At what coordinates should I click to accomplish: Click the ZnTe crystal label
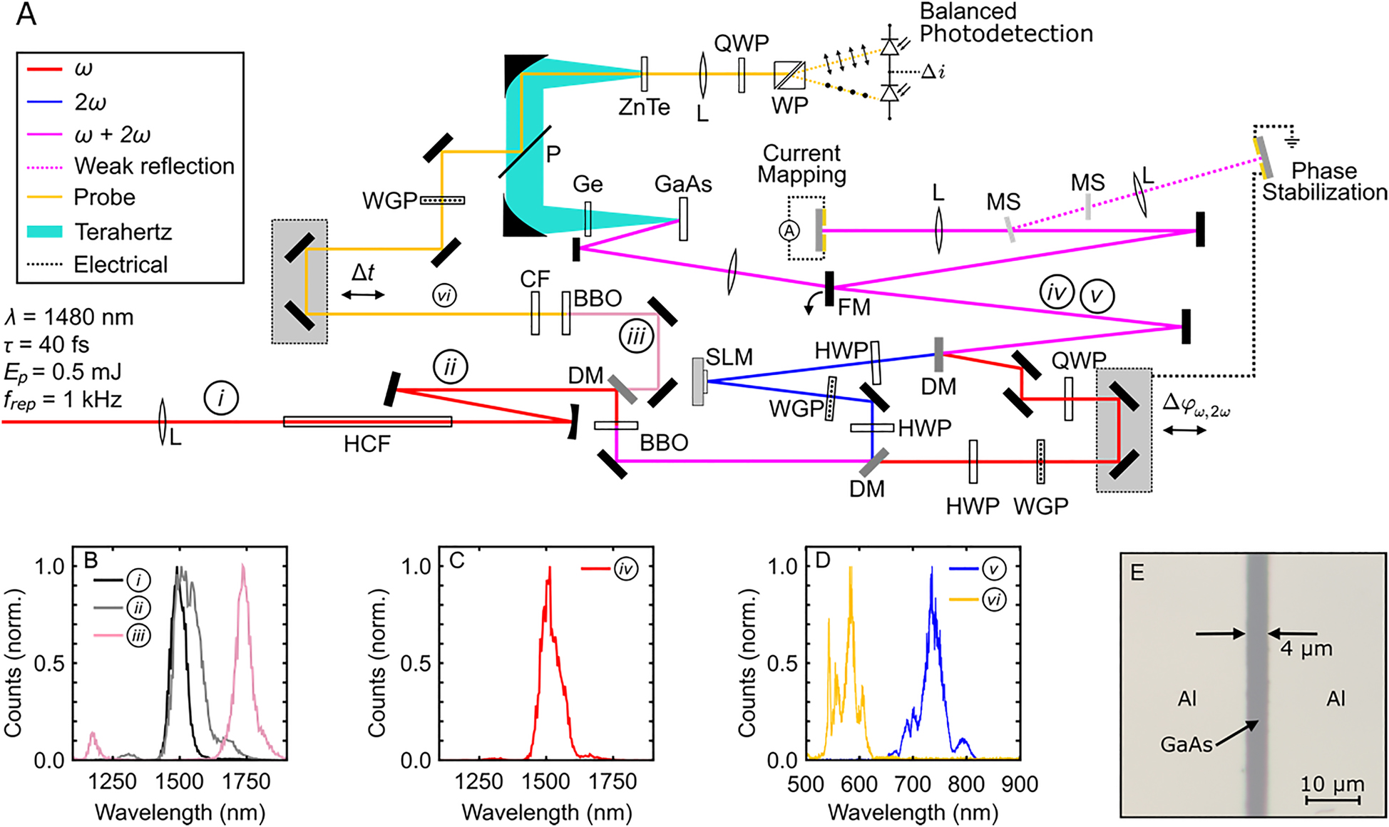[644, 107]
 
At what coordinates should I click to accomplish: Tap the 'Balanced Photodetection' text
[1005, 23]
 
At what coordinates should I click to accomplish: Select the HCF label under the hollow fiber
[367, 444]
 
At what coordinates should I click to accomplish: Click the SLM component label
[729, 356]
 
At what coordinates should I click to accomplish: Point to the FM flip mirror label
[854, 307]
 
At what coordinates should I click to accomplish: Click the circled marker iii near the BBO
[636, 336]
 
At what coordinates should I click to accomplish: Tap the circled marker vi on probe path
[445, 294]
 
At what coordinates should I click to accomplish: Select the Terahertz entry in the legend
[123, 232]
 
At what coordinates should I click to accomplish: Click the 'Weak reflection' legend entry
[154, 166]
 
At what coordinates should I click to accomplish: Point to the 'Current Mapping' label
[801, 164]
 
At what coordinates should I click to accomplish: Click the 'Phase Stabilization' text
[1324, 181]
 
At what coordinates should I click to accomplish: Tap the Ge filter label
[588, 184]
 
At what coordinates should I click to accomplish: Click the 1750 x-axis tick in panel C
[613, 782]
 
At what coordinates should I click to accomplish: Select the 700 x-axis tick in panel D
[913, 784]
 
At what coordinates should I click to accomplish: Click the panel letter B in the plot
[91, 560]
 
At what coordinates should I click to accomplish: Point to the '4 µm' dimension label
[1306, 649]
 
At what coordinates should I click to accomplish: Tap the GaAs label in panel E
[1186, 744]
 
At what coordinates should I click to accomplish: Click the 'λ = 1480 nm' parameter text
[68, 317]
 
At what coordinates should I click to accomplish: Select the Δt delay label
[363, 273]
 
